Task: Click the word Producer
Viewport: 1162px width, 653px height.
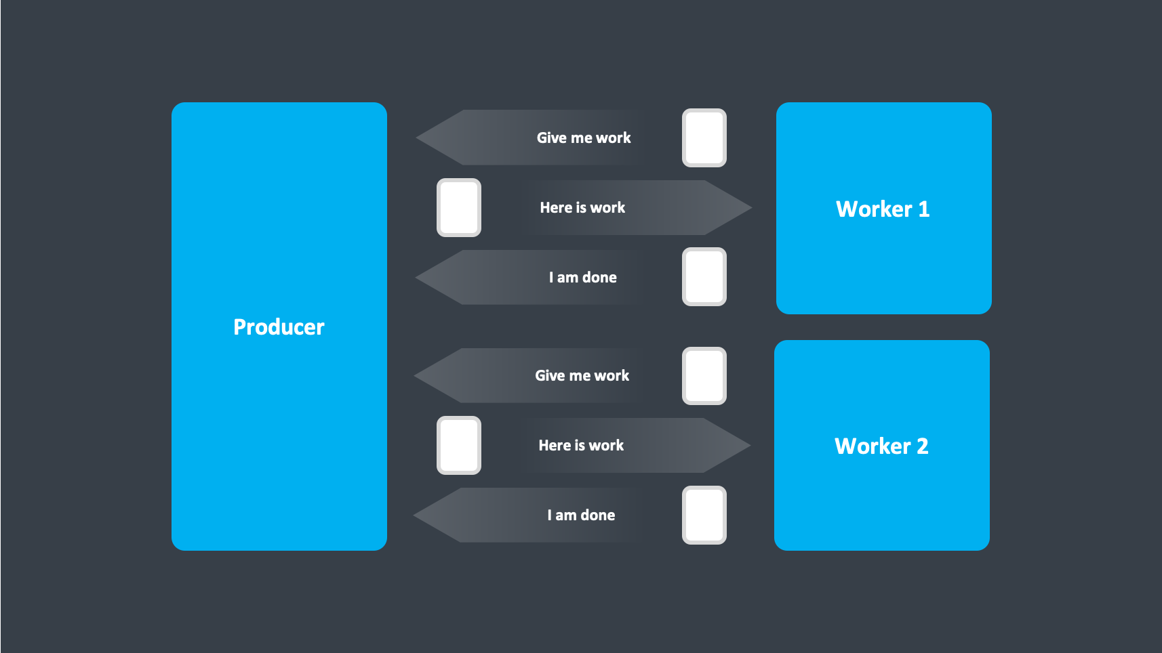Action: coord(279,327)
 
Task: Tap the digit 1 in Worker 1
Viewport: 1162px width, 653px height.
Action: coord(923,209)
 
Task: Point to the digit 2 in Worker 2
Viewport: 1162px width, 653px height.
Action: coord(922,446)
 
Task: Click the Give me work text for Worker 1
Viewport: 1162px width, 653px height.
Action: coord(584,138)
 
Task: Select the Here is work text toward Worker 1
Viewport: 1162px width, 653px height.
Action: coord(582,208)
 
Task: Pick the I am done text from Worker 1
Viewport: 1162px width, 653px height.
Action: coord(582,278)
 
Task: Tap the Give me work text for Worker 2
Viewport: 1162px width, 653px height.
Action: coord(582,376)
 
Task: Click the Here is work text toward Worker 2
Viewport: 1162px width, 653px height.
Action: coord(581,446)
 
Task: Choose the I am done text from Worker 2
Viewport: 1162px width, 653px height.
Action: coord(581,515)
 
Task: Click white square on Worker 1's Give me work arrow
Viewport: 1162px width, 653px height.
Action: coord(704,138)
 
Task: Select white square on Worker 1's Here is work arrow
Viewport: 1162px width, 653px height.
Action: coord(459,208)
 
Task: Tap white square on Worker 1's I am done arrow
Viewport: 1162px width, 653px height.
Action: coord(704,277)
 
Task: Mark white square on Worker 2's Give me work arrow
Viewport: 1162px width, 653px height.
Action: coord(704,376)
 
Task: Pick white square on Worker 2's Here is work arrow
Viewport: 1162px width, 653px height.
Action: coord(459,446)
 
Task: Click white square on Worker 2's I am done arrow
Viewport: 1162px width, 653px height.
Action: coord(704,515)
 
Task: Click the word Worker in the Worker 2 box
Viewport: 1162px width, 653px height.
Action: coord(873,446)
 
